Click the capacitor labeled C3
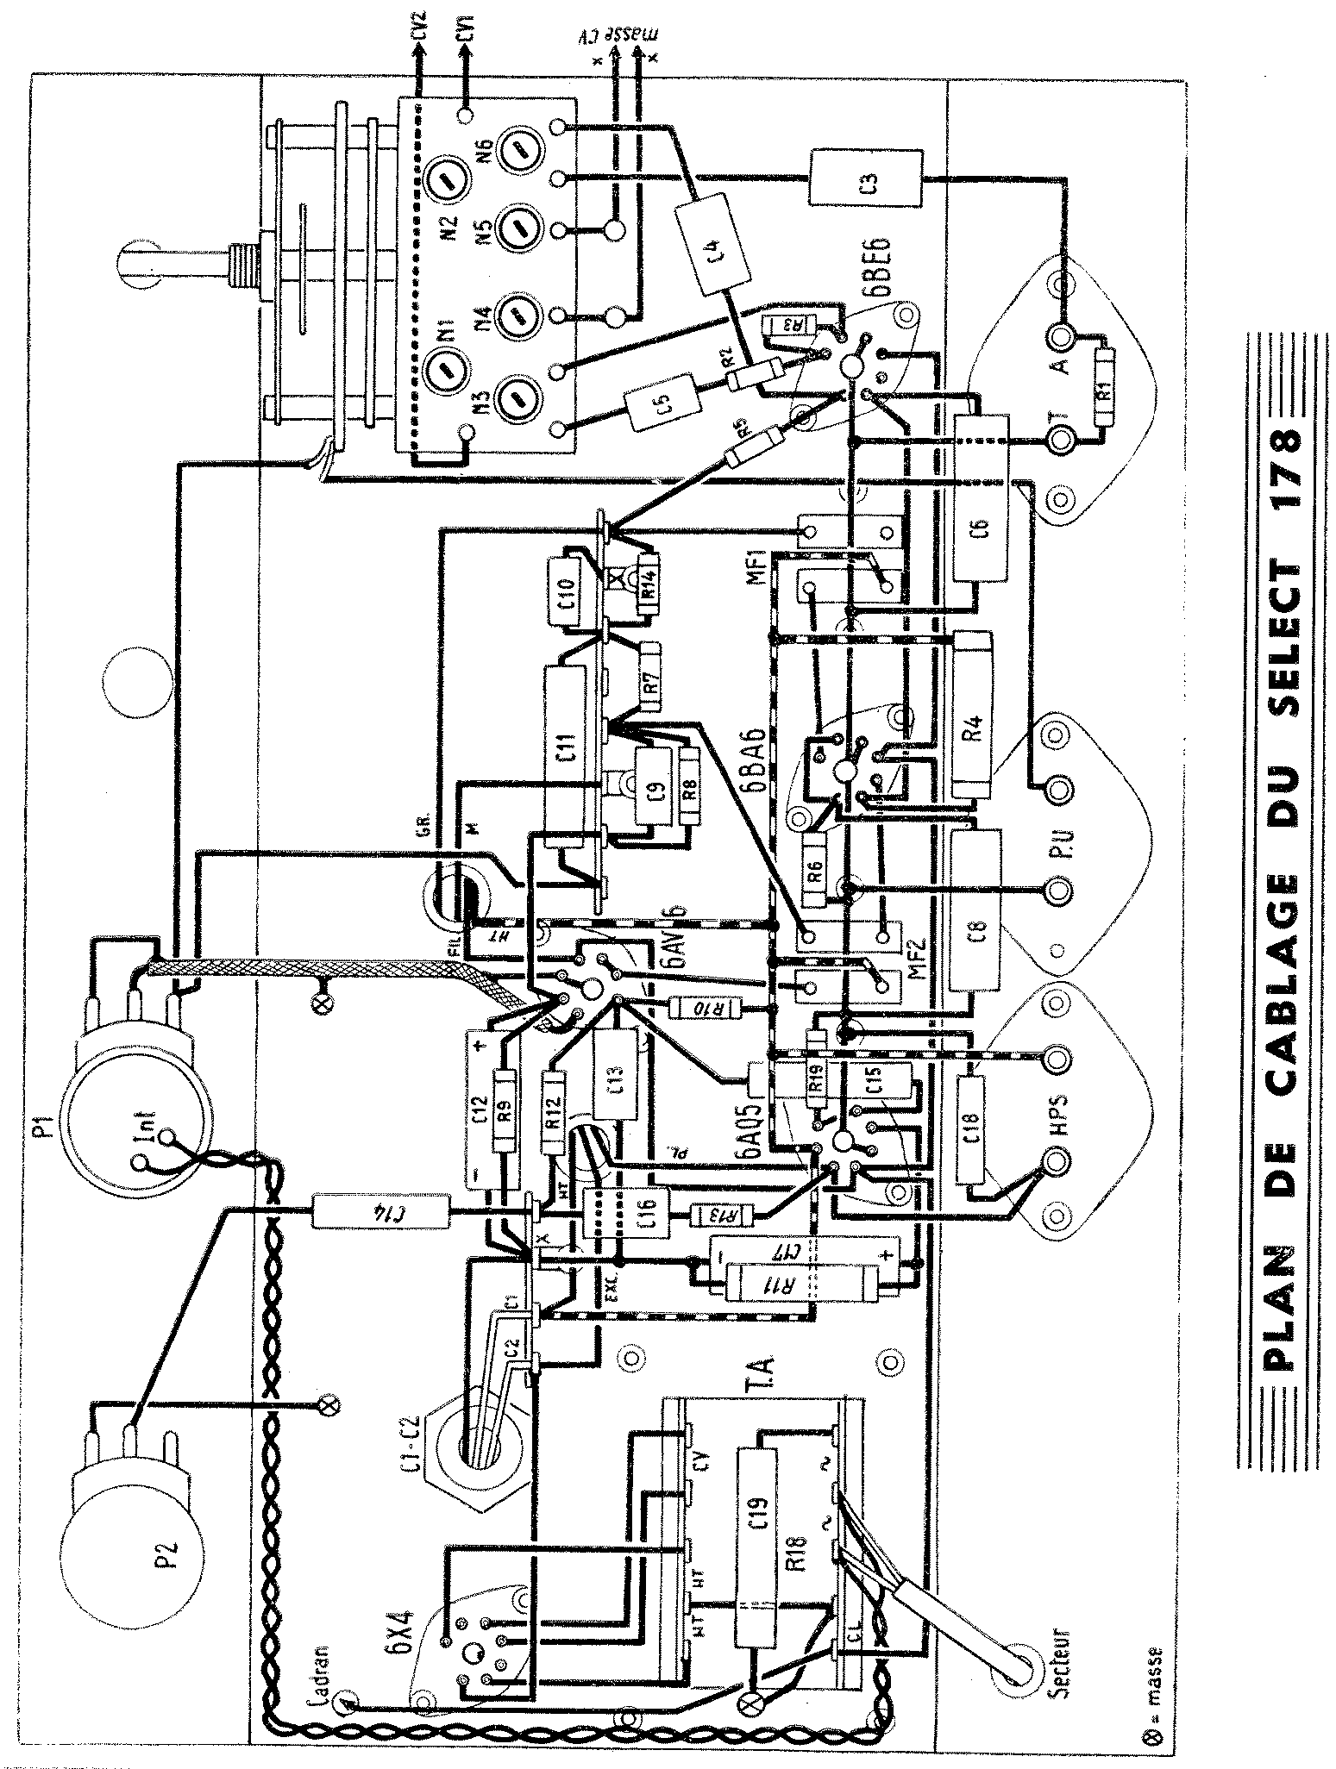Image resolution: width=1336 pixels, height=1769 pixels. coord(868,178)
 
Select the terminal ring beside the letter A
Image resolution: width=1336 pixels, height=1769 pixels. coord(1059,336)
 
